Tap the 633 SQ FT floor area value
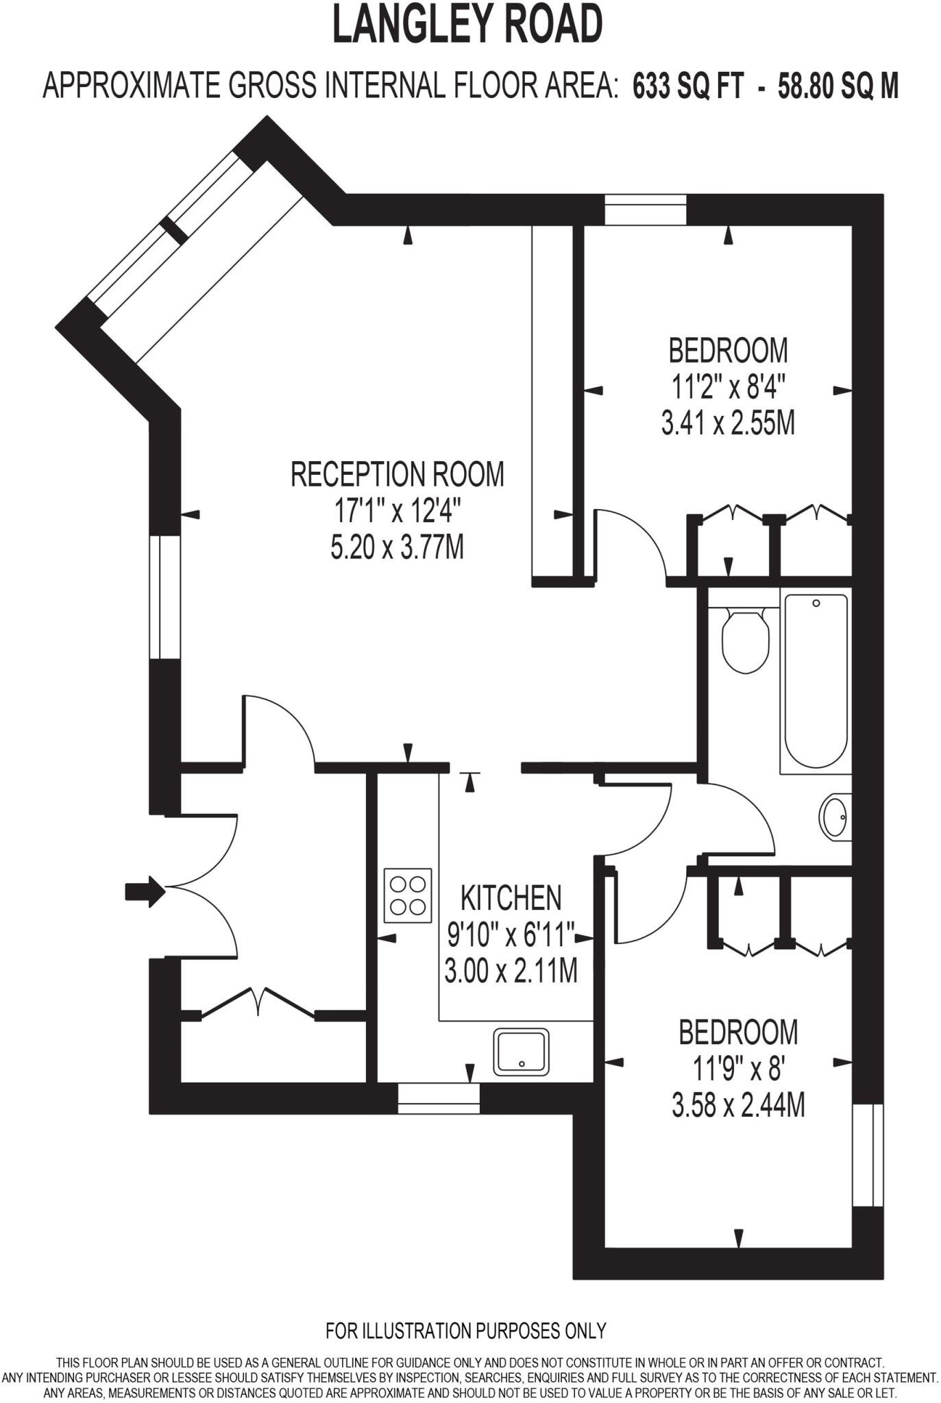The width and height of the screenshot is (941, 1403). tap(687, 87)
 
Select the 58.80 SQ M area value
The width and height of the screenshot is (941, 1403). tap(838, 87)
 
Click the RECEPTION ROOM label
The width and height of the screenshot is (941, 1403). tap(397, 474)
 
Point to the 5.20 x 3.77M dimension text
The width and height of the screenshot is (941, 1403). tap(397, 547)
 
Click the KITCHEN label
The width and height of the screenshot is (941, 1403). tap(511, 897)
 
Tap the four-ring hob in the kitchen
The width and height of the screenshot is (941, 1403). tap(408, 895)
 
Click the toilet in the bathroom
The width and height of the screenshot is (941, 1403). tap(745, 640)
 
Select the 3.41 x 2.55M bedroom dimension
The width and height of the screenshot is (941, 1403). tap(727, 423)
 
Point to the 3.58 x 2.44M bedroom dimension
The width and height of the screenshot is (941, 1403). tap(737, 1105)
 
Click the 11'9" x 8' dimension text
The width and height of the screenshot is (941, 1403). tap(737, 1069)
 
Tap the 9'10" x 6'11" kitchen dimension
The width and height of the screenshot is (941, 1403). tap(511, 934)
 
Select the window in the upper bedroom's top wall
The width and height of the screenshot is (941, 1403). tap(645, 210)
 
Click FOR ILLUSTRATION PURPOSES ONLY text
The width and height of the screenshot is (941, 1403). tap(465, 1330)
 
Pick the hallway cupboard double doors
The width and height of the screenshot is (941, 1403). tap(258, 1003)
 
